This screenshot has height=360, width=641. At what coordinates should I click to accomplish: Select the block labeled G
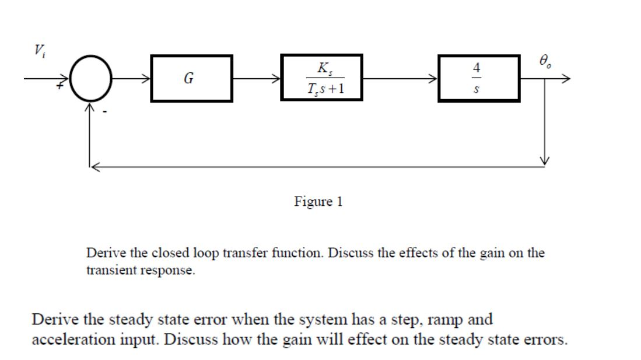point(191,78)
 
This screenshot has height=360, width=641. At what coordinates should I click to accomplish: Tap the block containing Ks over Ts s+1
point(321,78)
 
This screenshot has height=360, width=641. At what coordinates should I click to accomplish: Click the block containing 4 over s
point(478,78)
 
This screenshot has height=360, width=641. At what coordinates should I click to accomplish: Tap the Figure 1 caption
point(318,202)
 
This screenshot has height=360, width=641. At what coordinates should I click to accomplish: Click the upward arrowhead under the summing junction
point(89,108)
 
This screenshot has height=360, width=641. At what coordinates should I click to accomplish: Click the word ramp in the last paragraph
point(434,320)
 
